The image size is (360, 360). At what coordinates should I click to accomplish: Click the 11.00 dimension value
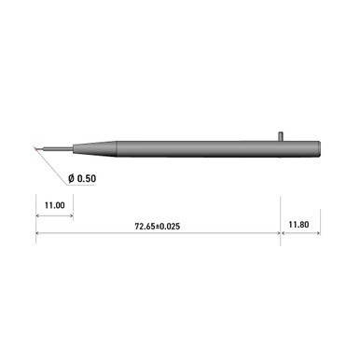click(x=53, y=205)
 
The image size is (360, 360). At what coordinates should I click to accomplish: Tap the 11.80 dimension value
click(x=298, y=225)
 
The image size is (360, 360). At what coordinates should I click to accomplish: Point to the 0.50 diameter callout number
click(x=90, y=178)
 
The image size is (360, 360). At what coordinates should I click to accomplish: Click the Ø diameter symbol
click(x=72, y=178)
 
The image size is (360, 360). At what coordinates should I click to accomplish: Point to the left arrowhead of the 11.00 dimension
click(x=39, y=215)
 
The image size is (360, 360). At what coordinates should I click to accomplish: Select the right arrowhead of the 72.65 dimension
click(x=278, y=236)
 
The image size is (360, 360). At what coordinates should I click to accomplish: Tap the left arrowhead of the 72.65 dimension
click(x=39, y=236)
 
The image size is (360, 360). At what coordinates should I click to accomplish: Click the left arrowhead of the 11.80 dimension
click(x=284, y=236)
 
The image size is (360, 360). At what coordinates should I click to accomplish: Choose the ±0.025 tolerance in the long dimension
click(x=172, y=226)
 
